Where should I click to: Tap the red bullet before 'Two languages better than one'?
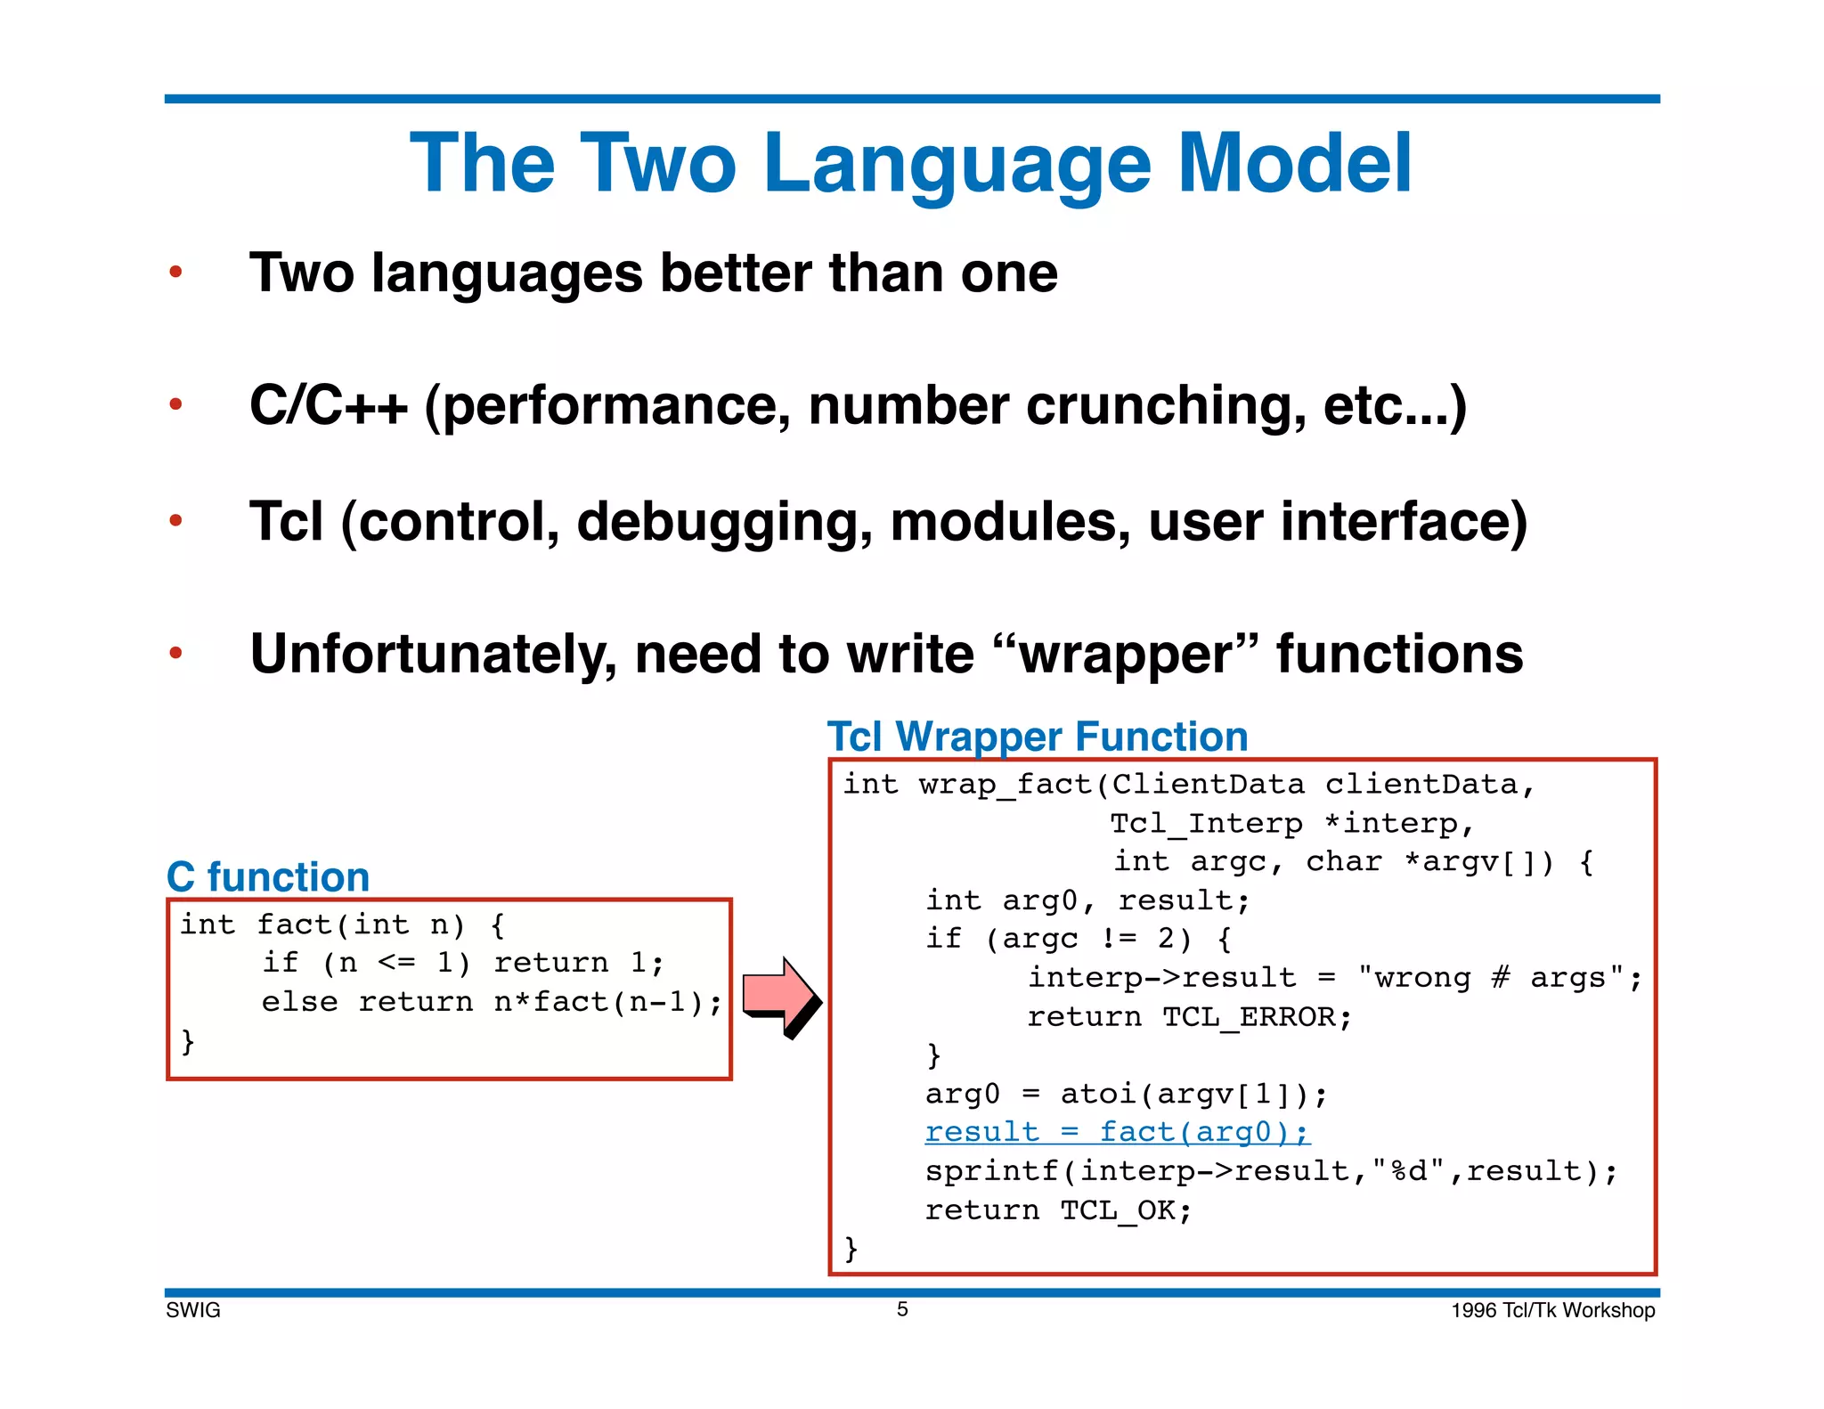pyautogui.click(x=176, y=272)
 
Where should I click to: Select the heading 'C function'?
pyautogui.click(x=268, y=877)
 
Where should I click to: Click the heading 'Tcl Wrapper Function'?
pyautogui.click(x=1038, y=737)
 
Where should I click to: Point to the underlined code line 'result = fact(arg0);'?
pyautogui.click(x=1117, y=1132)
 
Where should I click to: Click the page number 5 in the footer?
pyautogui.click(x=902, y=1309)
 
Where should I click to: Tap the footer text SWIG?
pyautogui.click(x=193, y=1310)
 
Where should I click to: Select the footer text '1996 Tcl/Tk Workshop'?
pyautogui.click(x=1552, y=1310)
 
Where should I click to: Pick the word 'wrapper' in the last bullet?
pyautogui.click(x=1125, y=655)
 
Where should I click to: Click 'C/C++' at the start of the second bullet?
pyautogui.click(x=328, y=406)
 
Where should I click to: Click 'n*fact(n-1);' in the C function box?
pyautogui.click(x=608, y=1002)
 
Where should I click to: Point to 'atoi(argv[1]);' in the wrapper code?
pyautogui.click(x=1193, y=1094)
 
